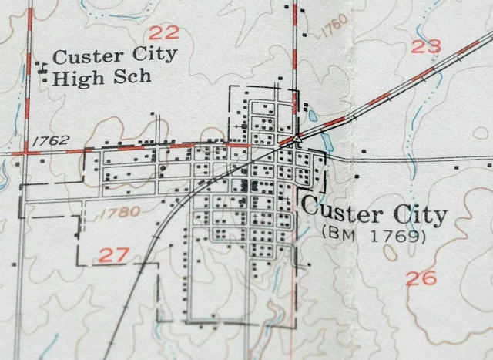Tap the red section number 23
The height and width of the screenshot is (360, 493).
(x=426, y=46)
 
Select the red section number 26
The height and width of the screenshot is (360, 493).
(x=421, y=278)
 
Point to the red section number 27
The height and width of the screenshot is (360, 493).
(x=113, y=254)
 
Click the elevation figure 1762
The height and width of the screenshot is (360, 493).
(x=52, y=140)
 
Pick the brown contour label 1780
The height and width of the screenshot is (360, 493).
(x=119, y=211)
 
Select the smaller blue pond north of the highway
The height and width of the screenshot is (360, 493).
(x=312, y=116)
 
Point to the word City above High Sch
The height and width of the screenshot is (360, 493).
(x=155, y=56)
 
